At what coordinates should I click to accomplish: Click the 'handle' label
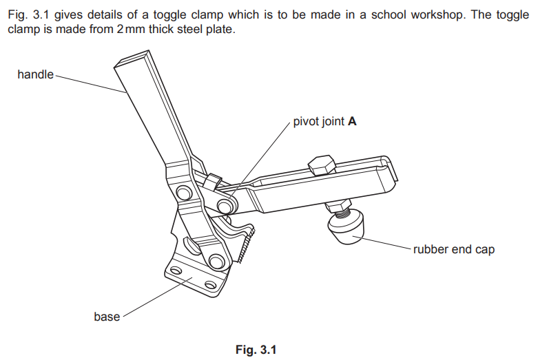pos(35,74)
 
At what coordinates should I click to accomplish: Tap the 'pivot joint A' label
pos(324,122)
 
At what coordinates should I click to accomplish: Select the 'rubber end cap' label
pos(453,249)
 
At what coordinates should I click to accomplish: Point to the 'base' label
pos(107,317)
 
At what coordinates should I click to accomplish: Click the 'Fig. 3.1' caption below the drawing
pos(256,350)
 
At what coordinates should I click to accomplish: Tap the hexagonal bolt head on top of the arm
pos(321,166)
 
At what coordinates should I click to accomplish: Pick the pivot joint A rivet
pos(225,206)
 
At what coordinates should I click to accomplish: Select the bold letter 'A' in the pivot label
pos(352,122)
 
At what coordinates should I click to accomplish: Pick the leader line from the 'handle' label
pos(90,83)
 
